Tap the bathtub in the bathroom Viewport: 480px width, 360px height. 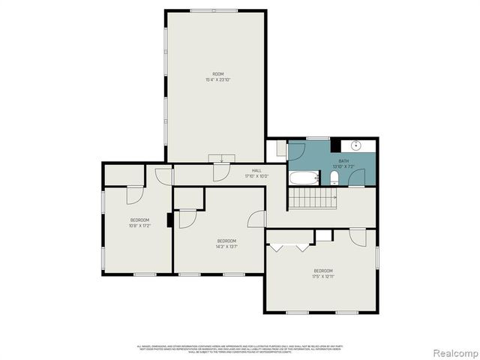point(302,178)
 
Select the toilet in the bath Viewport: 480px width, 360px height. point(334,178)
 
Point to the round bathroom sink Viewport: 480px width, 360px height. point(357,145)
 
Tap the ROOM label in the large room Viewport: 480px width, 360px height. point(217,73)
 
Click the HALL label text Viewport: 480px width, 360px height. point(256,171)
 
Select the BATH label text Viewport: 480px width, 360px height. point(343,160)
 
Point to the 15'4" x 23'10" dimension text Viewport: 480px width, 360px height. point(217,79)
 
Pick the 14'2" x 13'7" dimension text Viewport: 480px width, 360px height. point(227,247)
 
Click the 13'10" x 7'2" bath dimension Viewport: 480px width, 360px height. point(343,166)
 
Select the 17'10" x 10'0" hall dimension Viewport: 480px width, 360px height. point(256,177)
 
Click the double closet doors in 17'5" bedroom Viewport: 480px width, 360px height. point(290,246)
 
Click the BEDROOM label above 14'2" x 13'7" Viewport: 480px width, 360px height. point(227,241)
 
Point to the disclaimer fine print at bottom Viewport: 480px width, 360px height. point(239,349)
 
